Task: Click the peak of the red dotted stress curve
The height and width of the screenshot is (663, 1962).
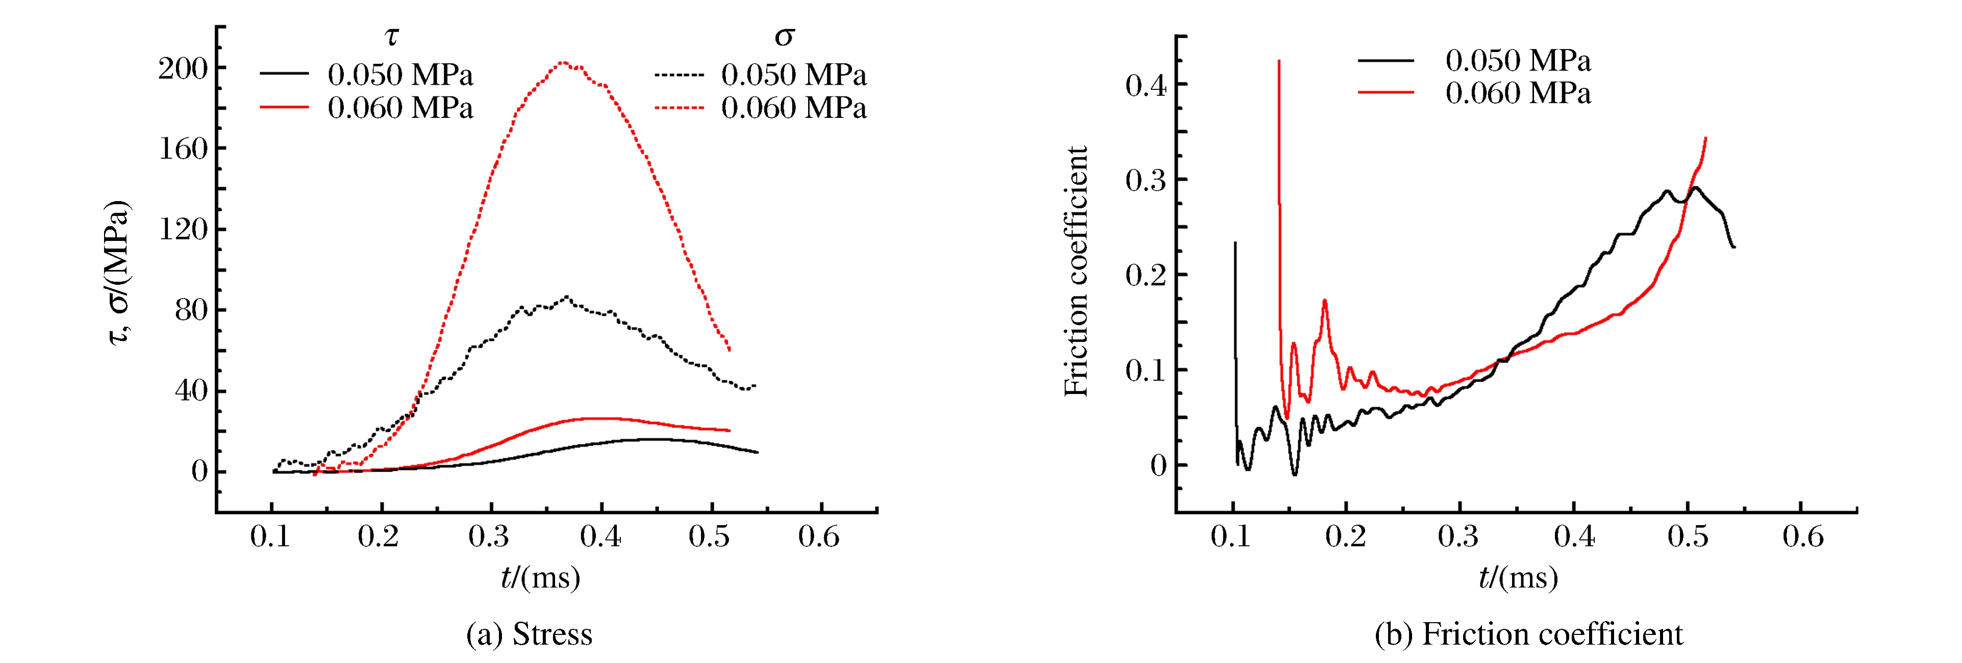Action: click(x=563, y=62)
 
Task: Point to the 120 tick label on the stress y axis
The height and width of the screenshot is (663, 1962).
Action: click(x=183, y=229)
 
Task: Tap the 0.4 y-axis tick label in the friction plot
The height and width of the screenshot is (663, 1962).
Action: click(x=1145, y=85)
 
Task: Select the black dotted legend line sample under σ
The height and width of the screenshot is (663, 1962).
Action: click(x=678, y=75)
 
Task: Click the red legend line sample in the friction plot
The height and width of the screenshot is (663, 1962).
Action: click(x=1386, y=93)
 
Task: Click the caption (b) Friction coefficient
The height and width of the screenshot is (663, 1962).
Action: click(x=1528, y=634)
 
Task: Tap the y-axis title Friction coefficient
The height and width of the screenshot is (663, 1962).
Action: click(x=1076, y=272)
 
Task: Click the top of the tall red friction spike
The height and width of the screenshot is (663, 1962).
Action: click(x=1279, y=61)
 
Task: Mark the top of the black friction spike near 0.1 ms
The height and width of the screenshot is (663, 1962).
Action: click(x=1235, y=243)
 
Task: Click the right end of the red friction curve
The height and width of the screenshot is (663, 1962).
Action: click(x=1705, y=138)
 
